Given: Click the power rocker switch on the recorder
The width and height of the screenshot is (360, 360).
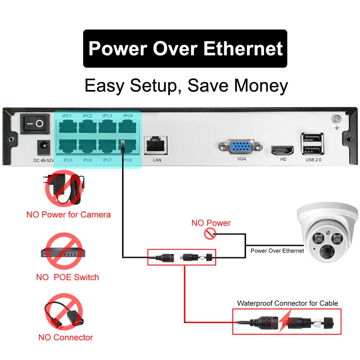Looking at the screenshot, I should [35, 124].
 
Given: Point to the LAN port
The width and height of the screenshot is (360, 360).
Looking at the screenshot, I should [156, 145].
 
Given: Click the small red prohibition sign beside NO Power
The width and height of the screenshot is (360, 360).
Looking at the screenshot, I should [209, 234].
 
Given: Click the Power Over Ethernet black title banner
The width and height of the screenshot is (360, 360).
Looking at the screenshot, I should [185, 49].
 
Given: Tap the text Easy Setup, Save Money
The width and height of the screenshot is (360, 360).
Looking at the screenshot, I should [186, 86].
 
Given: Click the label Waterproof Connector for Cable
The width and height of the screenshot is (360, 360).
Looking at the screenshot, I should [287, 303].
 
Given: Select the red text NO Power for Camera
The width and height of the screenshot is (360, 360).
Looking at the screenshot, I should [68, 215].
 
